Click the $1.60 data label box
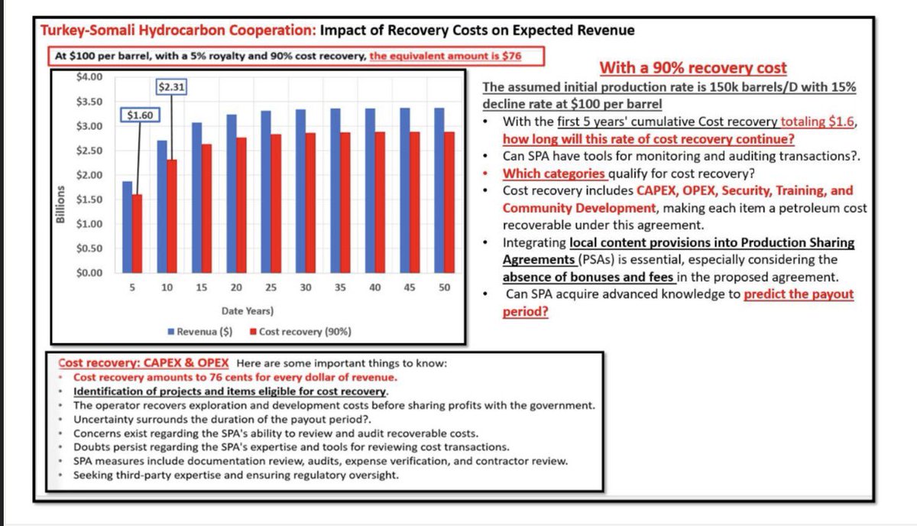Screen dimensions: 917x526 [140, 115]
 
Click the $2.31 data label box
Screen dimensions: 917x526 [171, 87]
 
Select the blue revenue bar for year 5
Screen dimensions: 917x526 [127, 227]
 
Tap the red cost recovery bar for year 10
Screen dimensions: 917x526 [172, 216]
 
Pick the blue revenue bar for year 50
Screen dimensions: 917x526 [439, 190]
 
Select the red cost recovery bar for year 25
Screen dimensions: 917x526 [276, 203]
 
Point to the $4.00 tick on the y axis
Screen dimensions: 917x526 [89, 77]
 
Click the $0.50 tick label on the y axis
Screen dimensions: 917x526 [89, 248]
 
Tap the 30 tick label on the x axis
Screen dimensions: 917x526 [306, 287]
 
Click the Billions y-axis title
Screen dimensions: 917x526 [60, 204]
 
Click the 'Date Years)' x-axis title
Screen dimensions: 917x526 [248, 311]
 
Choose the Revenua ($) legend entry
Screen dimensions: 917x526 [200, 331]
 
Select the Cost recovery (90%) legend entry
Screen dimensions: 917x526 [301, 331]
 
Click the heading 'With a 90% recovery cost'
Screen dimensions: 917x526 [693, 67]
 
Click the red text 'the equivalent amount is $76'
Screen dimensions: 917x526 [446, 56]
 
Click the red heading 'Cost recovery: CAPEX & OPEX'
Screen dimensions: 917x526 [144, 363]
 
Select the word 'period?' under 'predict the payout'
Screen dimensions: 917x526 [525, 312]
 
